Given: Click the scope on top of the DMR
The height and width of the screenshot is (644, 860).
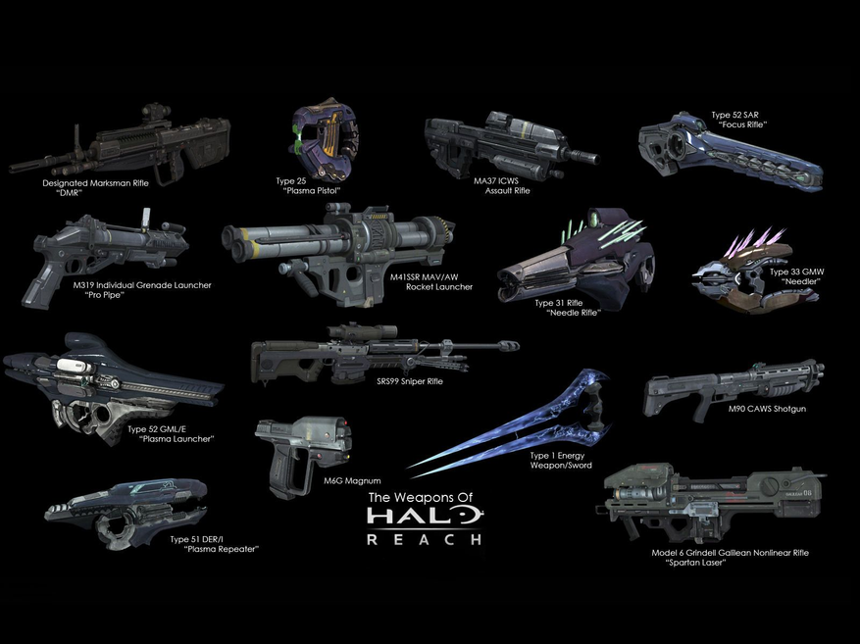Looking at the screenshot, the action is coord(152,110).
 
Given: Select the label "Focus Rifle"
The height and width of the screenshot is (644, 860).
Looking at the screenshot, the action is coord(742,124).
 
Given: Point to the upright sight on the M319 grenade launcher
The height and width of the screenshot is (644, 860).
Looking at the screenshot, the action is coord(146,220).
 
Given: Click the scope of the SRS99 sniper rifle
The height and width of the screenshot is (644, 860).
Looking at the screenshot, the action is coord(363,331).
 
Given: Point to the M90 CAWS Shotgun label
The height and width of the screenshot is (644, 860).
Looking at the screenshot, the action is coord(767,409).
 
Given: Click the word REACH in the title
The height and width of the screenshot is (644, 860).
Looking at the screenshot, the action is coord(424,539).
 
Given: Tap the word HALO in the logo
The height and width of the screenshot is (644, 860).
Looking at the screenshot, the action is coord(424,516).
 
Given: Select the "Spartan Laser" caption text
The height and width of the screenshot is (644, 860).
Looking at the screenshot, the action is coord(695,563).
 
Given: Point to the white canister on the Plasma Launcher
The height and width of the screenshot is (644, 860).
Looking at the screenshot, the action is coord(74,367).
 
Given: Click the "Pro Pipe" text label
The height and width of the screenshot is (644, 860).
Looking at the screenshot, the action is coord(105,295).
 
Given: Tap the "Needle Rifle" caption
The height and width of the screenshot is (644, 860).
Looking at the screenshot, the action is coord(574,313).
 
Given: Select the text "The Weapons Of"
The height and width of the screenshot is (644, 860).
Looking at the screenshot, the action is coord(420,498).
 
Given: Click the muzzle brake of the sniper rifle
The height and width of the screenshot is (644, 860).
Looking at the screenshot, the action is coord(508,346).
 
